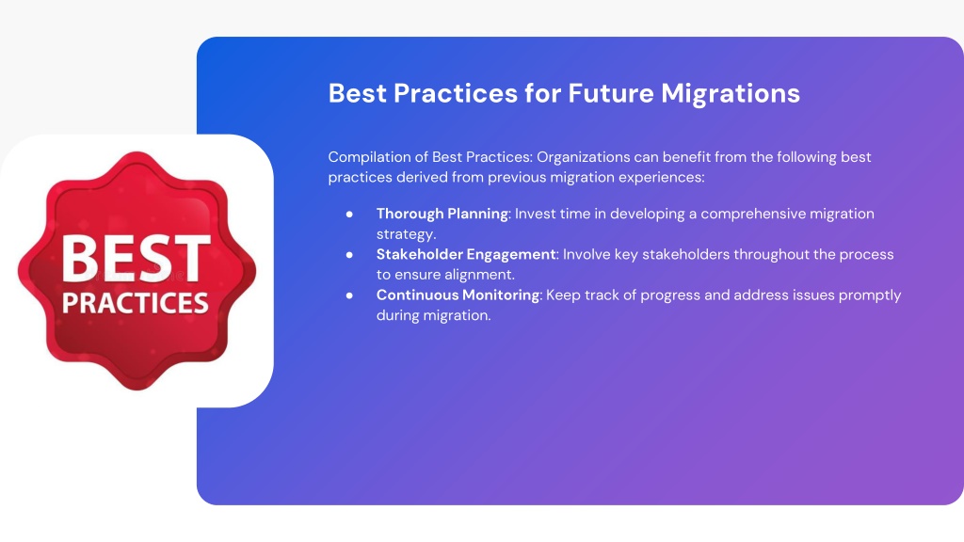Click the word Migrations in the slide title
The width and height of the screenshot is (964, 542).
pyautogui.click(x=731, y=94)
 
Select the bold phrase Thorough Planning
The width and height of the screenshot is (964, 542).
pyautogui.click(x=442, y=214)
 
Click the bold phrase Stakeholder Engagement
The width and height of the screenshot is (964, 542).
pyautogui.click(x=466, y=254)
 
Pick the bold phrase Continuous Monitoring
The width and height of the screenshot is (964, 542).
pyautogui.click(x=458, y=295)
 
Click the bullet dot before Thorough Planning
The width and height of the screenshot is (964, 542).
pyautogui.click(x=349, y=214)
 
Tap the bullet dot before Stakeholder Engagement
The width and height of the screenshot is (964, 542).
pyautogui.click(x=349, y=254)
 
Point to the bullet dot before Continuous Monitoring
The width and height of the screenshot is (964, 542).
pyautogui.click(x=349, y=295)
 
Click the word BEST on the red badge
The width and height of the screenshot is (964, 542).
pyautogui.click(x=136, y=259)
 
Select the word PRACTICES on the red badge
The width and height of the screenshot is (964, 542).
pyautogui.click(x=136, y=303)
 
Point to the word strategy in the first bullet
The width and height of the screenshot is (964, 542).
pyautogui.click(x=406, y=234)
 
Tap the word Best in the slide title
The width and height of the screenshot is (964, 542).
pyautogui.click(x=357, y=93)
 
